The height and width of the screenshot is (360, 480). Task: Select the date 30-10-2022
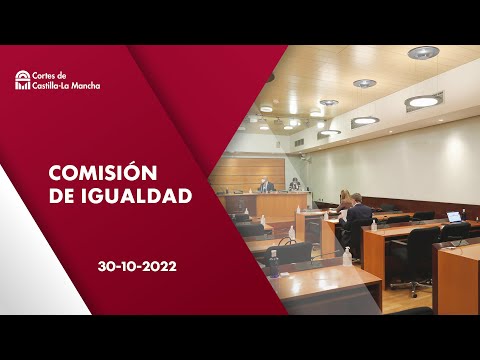(138, 267)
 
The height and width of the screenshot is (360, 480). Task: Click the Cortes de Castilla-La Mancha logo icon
(22, 80)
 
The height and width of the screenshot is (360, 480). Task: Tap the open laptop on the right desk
(453, 216)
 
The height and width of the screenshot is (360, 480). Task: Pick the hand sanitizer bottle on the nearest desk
(347, 257)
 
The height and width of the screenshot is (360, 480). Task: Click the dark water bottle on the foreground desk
(274, 264)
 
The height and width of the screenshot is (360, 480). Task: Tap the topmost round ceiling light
(423, 53)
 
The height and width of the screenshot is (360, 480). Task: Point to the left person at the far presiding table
(265, 186)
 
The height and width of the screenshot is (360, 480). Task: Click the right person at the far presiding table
(295, 185)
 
